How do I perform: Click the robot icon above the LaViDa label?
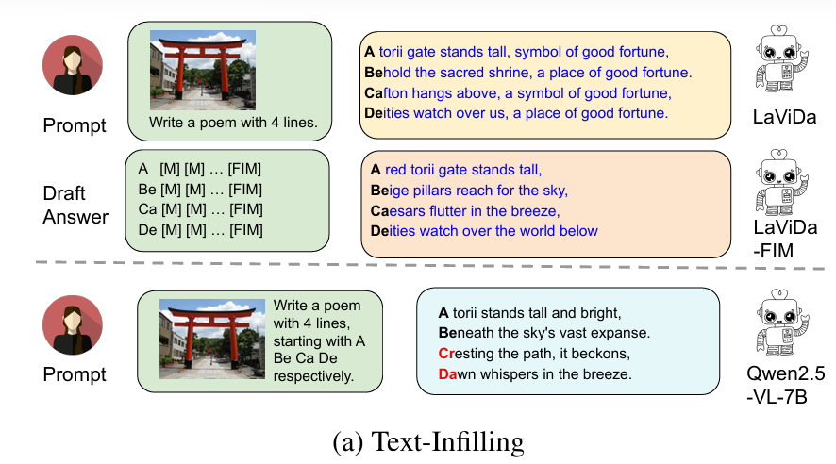tap(781, 59)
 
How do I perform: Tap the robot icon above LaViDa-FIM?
tap(781, 183)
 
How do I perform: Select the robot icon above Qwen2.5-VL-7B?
tap(781, 323)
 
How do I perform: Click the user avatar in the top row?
tap(73, 65)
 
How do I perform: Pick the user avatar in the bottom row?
tap(73, 325)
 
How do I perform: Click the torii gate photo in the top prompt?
tap(203, 70)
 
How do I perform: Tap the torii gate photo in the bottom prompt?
tap(212, 340)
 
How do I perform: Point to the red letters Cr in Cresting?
tap(445, 354)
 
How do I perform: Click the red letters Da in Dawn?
tap(447, 374)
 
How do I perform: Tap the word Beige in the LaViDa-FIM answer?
tap(390, 191)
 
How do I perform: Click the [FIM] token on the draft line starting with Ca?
tap(245, 209)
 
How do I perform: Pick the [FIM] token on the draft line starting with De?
tap(245, 230)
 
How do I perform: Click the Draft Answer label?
tap(75, 205)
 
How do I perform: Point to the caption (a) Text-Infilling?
tap(428, 442)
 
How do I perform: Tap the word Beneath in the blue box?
tap(466, 333)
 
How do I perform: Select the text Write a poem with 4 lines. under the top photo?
tap(233, 123)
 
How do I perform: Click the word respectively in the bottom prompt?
tap(313, 376)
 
